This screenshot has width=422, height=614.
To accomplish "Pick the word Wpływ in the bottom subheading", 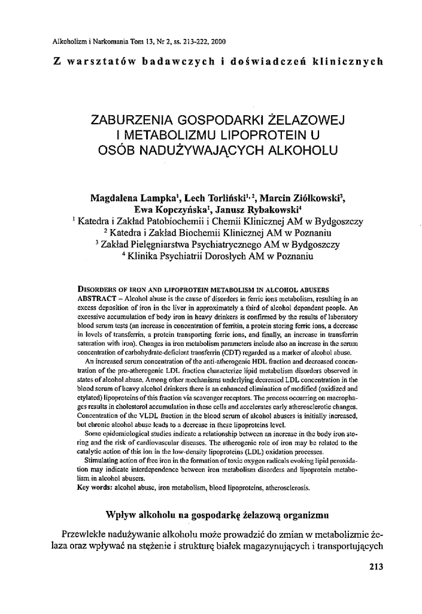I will (120, 514).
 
